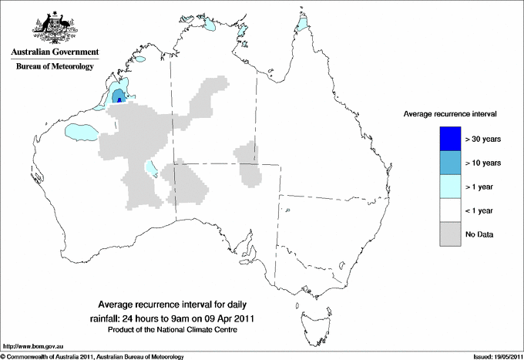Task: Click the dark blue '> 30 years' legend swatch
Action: pos(449,139)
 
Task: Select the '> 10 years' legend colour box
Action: pos(449,163)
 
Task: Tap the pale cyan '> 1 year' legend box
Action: pos(449,187)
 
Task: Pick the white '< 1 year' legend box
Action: pos(449,210)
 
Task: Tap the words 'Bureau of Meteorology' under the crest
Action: pos(55,67)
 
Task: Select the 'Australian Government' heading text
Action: pos(55,52)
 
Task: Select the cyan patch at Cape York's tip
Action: pos(303,29)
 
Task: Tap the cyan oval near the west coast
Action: pos(81,132)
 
